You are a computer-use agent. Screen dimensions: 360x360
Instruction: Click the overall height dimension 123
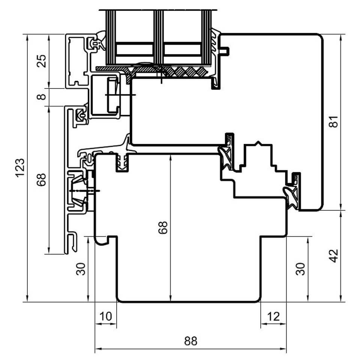pyautogui.click(x=20, y=168)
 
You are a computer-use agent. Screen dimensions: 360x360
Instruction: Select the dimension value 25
pyautogui.click(x=42, y=61)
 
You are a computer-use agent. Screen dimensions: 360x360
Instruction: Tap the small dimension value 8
pyautogui.click(x=42, y=97)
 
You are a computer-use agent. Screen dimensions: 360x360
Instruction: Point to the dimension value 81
pyautogui.click(x=334, y=121)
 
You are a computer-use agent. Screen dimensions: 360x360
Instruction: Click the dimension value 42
pyautogui.click(x=334, y=255)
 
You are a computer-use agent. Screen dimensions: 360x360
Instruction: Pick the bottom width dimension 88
pyautogui.click(x=190, y=341)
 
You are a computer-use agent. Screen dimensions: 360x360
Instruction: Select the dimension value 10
pyautogui.click(x=106, y=316)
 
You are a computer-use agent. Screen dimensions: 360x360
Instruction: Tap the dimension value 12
pyautogui.click(x=273, y=316)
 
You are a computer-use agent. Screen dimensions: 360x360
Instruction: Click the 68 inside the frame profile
pyautogui.click(x=163, y=227)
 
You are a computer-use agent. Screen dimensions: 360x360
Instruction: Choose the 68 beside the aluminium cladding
pyautogui.click(x=42, y=180)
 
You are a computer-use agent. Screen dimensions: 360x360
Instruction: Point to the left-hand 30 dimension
pyautogui.click(x=81, y=269)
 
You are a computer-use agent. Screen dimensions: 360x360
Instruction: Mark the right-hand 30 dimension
pyautogui.click(x=300, y=269)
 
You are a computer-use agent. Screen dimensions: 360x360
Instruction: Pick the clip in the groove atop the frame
pyautogui.click(x=122, y=162)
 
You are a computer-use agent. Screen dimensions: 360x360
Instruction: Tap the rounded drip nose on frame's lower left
pyautogui.click(x=101, y=241)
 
